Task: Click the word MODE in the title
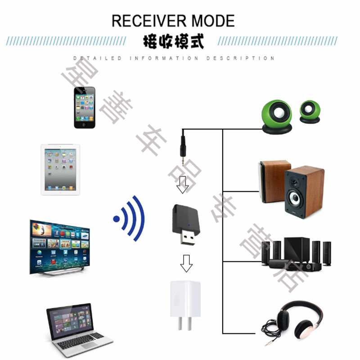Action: (x=213, y=21)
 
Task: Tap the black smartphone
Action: (x=85, y=107)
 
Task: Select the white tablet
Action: (x=60, y=169)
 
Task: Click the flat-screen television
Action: (x=59, y=247)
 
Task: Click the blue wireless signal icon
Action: (x=130, y=218)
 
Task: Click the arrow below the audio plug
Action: (x=182, y=184)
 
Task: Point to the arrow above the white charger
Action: (x=186, y=263)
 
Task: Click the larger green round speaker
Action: (x=276, y=116)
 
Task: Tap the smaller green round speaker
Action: (x=310, y=112)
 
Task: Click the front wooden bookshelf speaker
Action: (x=304, y=192)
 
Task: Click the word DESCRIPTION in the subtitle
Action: (x=240, y=58)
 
